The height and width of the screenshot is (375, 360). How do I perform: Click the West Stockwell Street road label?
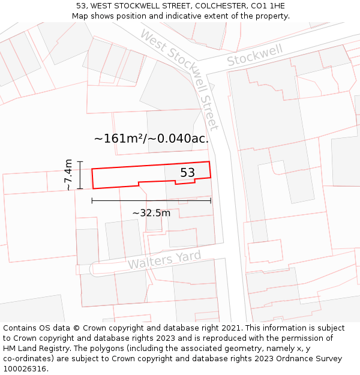click(x=179, y=79)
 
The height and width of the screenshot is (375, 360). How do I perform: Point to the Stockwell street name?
click(x=255, y=56)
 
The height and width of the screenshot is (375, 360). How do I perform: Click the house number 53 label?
click(x=188, y=173)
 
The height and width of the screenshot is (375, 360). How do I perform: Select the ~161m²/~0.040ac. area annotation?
click(x=151, y=139)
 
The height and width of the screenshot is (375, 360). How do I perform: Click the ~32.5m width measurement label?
click(x=151, y=212)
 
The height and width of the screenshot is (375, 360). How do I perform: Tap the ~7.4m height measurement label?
click(x=68, y=175)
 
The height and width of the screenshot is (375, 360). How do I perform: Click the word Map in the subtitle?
click(x=80, y=16)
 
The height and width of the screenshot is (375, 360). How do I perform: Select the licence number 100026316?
click(x=25, y=369)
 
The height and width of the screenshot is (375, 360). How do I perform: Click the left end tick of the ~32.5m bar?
click(x=92, y=200)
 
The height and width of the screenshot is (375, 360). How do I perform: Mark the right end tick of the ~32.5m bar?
click(x=211, y=200)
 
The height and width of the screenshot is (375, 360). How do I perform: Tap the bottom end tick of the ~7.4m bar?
click(x=80, y=189)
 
